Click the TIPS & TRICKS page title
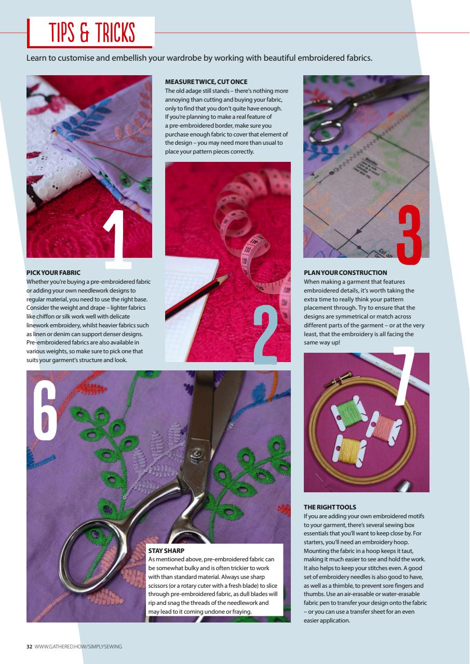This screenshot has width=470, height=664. click(91, 33)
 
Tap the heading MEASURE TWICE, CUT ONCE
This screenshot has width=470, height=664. click(206, 82)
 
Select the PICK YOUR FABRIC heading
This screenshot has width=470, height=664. click(53, 272)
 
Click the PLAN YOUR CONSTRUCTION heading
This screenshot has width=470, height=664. click(345, 272)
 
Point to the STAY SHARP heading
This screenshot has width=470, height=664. click(167, 550)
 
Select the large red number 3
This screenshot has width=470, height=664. click(409, 233)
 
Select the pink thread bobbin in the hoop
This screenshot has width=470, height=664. click(384, 426)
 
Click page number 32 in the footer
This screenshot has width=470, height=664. click(30, 646)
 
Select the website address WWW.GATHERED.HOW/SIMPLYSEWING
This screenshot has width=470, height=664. click(78, 646)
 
